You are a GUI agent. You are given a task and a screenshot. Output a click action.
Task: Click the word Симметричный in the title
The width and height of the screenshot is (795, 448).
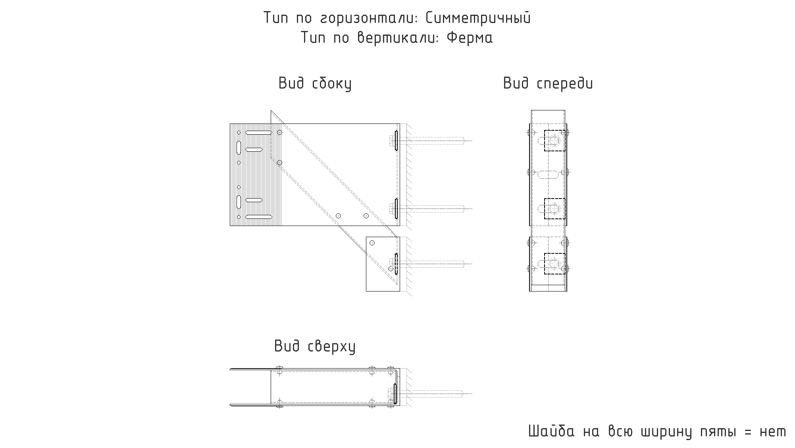pyautogui.click(x=478, y=18)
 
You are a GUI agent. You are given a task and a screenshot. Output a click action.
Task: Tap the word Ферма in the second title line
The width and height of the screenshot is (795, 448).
pyautogui.click(x=470, y=38)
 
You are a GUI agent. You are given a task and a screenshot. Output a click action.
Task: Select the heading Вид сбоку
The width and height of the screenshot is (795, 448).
pyautogui.click(x=315, y=84)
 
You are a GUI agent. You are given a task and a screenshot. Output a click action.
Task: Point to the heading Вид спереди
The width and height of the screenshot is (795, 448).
pyautogui.click(x=548, y=84)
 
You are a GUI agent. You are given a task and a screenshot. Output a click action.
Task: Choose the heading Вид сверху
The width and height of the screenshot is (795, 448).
pyautogui.click(x=315, y=346)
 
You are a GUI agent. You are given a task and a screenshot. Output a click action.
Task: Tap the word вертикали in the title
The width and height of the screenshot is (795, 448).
pyautogui.click(x=398, y=38)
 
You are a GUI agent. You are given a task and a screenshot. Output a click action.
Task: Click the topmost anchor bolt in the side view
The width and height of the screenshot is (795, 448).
pyautogui.click(x=427, y=140)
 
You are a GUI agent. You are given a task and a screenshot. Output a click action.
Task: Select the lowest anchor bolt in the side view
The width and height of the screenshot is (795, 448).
pyautogui.click(x=427, y=263)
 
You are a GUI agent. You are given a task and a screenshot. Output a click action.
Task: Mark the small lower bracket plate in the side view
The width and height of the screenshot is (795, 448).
pyautogui.click(x=383, y=264)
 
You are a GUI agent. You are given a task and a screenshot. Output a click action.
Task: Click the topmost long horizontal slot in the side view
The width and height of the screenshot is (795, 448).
pyautogui.click(x=259, y=133)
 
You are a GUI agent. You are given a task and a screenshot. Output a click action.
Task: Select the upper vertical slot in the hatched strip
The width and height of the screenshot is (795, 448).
pyautogui.click(x=239, y=147)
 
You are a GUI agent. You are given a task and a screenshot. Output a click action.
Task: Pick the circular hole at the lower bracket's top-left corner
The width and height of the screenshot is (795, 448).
pyautogui.click(x=372, y=243)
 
